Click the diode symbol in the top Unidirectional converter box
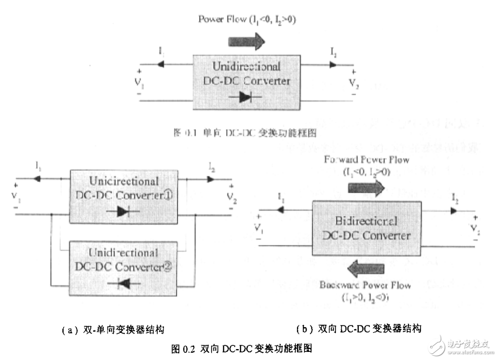245,97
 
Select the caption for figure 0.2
241,349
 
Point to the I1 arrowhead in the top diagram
161,64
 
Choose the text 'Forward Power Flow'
366,160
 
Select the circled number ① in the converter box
169,196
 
